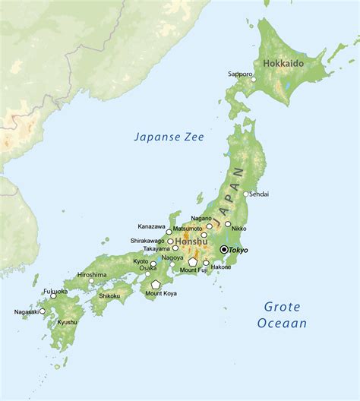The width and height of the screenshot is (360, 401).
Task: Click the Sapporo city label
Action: pyautogui.click(x=240, y=74)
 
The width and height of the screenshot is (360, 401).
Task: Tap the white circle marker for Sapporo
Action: pyautogui.click(x=254, y=79)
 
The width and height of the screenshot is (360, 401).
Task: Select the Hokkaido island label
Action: pyautogui.click(x=283, y=63)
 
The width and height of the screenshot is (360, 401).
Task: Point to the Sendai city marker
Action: pyautogui.click(x=245, y=194)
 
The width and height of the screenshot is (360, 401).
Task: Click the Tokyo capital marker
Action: pyautogui.click(x=223, y=249)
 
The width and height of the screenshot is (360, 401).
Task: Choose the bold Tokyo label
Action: pyautogui.click(x=239, y=250)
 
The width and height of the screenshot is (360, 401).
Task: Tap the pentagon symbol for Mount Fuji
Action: pyautogui.click(x=193, y=261)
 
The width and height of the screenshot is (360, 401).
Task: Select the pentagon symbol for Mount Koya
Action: pyautogui.click(x=156, y=284)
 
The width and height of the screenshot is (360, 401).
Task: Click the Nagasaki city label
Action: pyautogui.click(x=27, y=311)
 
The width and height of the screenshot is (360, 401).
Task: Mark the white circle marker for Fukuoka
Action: pyautogui.click(x=53, y=295)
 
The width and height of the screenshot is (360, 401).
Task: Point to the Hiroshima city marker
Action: pyautogui.click(x=91, y=280)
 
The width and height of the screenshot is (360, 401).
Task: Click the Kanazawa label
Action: pyautogui.click(x=152, y=226)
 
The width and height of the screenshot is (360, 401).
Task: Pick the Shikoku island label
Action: pyautogui.click(x=109, y=296)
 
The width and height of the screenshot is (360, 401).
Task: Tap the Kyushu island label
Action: pyautogui.click(x=67, y=322)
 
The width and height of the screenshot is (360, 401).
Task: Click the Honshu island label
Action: pyautogui.click(x=191, y=242)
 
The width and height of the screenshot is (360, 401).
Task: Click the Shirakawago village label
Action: pyautogui.click(x=147, y=241)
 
